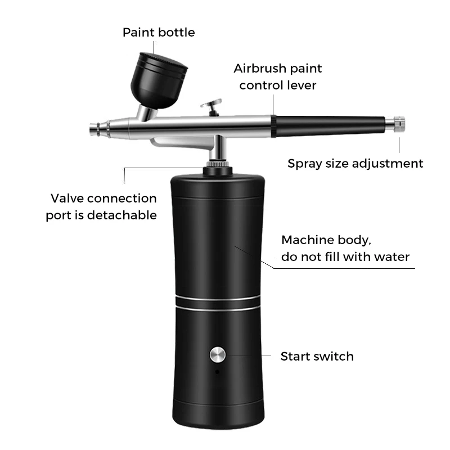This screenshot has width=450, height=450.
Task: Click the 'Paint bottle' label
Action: (159, 32)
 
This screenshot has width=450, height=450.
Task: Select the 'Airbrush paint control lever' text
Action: (278, 76)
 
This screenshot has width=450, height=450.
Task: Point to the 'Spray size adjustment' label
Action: (355, 164)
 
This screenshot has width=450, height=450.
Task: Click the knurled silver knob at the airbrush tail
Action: (399, 123)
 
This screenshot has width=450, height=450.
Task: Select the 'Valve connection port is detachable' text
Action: (101, 206)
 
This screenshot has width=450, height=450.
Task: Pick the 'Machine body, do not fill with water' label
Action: (345, 248)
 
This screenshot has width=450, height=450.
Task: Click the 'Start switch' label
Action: (317, 356)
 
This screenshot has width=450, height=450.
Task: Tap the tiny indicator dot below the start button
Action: (218, 371)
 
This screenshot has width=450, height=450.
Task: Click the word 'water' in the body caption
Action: (392, 257)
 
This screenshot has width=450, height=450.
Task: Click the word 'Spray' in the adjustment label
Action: (304, 164)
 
